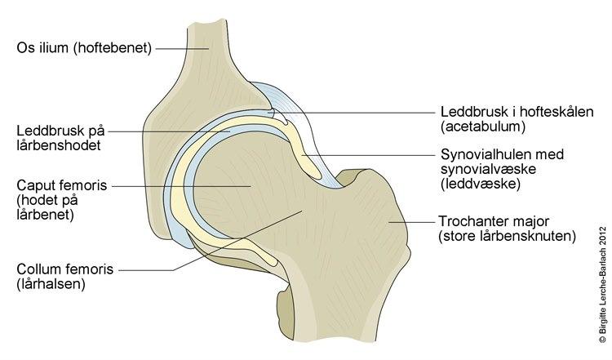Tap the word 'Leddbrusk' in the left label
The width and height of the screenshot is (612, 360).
coord(44,130)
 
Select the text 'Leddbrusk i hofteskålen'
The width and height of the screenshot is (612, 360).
coord(505,113)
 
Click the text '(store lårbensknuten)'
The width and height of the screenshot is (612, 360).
coord(507,237)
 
